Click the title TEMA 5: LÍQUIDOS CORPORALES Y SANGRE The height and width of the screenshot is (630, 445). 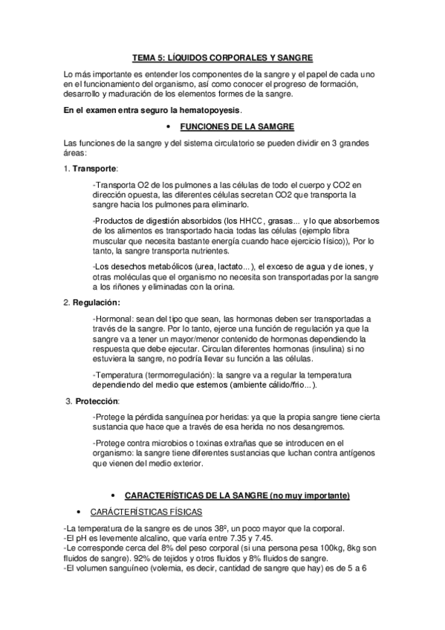(x=223, y=57)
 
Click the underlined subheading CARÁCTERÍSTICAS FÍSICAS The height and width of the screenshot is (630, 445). (x=142, y=513)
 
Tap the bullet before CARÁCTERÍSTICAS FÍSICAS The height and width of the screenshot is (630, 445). (x=78, y=513)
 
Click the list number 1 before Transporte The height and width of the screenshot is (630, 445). (x=67, y=169)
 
